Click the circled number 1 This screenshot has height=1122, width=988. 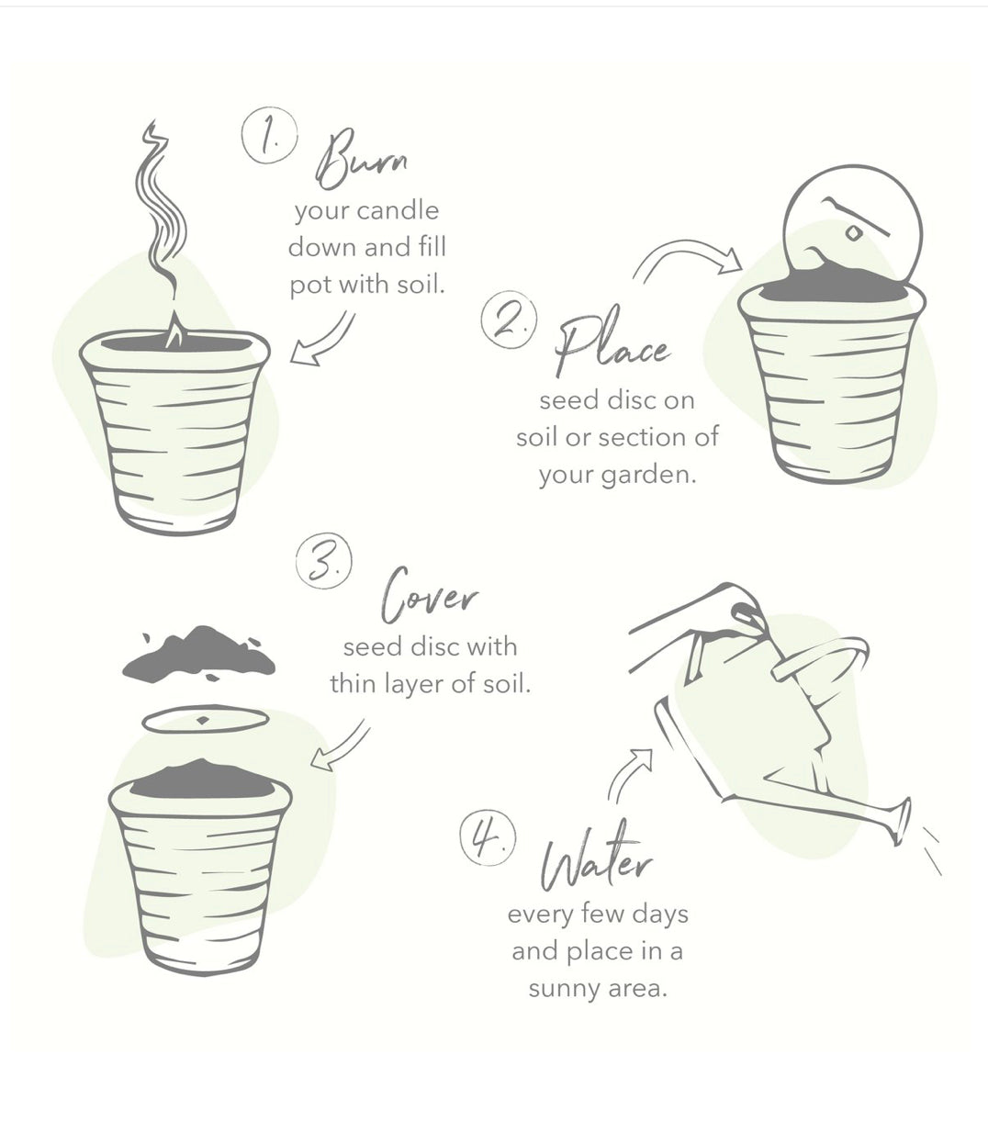(x=270, y=136)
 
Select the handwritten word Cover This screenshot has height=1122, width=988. (x=429, y=595)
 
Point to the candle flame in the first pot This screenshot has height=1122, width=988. (x=174, y=329)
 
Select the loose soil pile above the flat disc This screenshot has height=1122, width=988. (x=198, y=654)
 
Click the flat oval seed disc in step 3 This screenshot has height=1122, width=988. (x=206, y=720)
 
